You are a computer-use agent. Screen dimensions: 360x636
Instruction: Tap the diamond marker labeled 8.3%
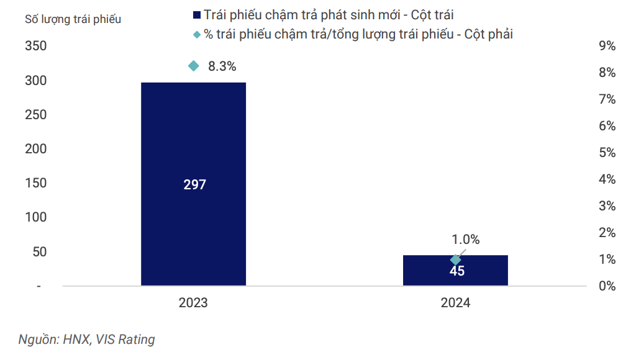[x=193, y=66]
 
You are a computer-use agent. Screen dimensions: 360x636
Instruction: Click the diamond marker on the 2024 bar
[x=455, y=260]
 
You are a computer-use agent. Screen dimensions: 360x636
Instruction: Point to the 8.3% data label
[x=222, y=66]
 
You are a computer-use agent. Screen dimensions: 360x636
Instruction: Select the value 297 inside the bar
[x=194, y=184]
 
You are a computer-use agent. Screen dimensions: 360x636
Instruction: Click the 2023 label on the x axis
[x=193, y=304]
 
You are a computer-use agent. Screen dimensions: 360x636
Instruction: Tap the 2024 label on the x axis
[x=455, y=304]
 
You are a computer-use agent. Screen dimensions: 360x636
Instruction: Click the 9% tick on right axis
[x=606, y=46]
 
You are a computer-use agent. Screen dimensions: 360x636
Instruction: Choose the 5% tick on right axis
[x=606, y=153]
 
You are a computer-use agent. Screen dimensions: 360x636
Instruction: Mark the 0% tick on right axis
[x=606, y=286]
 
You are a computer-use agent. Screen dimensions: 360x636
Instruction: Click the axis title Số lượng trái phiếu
[x=73, y=19]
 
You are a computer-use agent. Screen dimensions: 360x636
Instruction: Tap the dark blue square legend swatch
[x=197, y=16]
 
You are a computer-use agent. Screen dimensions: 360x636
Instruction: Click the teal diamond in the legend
[x=197, y=35]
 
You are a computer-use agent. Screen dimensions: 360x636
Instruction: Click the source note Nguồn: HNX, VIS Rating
[x=86, y=340]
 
